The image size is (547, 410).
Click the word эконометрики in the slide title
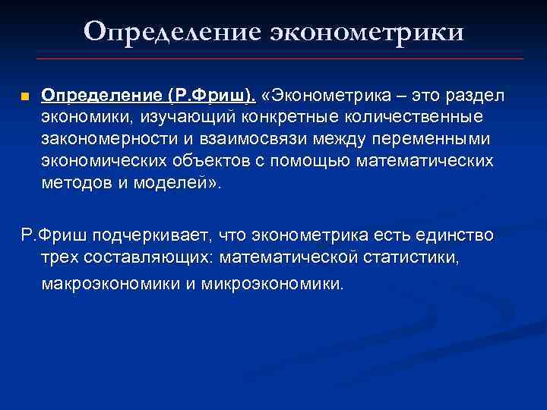(364, 32)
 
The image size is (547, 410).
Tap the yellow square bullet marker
(24, 98)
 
